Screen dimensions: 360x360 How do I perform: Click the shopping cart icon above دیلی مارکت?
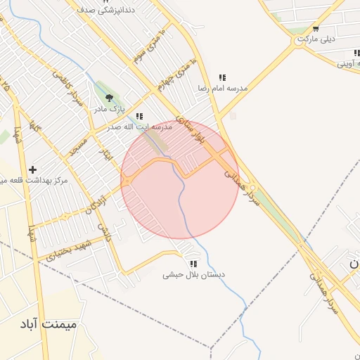point(316,29)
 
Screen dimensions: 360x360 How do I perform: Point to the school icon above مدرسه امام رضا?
point(222,77)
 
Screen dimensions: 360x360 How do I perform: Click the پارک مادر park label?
point(109,109)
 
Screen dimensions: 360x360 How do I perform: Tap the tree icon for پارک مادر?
point(109,98)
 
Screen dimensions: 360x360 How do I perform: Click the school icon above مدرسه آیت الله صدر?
point(139,117)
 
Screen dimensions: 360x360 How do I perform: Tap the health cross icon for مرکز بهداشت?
point(33,169)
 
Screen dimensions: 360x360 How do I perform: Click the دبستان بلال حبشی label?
point(193,275)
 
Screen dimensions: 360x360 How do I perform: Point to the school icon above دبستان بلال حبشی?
point(193,264)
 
